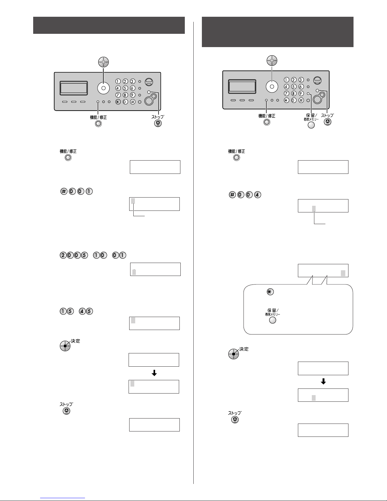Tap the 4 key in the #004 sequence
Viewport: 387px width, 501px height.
257,195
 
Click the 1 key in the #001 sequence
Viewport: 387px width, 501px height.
89,192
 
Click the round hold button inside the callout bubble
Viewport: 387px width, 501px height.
272,320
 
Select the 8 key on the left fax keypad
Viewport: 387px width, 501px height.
125,95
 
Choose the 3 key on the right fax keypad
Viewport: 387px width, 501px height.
301,80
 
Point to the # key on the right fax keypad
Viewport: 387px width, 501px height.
301,100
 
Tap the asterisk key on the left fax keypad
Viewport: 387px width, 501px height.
118,102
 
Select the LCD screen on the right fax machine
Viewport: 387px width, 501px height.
242,87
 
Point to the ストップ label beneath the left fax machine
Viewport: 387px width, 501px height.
158,117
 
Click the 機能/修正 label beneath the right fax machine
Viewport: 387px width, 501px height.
267,116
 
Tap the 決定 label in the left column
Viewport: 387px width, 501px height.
76,341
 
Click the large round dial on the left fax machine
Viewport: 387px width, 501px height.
103,88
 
